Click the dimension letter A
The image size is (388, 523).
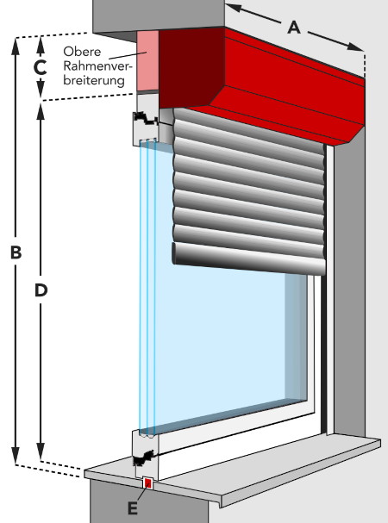pos(294,28)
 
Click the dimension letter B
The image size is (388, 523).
pos(16,252)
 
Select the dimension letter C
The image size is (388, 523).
pos(40,68)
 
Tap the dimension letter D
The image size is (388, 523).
pos(41,290)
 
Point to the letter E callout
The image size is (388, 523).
pos(133,509)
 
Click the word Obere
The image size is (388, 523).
pos(82,52)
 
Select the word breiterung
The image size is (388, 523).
pos(94,81)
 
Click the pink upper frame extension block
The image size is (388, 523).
pos(147,60)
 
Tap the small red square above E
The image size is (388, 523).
pos(148,483)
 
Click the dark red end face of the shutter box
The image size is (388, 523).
pos(191,68)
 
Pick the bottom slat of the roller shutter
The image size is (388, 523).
pos(249,258)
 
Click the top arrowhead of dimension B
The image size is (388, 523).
pos(16,46)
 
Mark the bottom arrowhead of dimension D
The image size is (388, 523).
pos(41,452)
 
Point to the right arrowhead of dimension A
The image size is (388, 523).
pos(355,47)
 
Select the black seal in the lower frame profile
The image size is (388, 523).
pos(143,458)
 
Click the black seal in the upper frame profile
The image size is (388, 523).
pos(145,119)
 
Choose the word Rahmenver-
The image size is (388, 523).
pos(97,66)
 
